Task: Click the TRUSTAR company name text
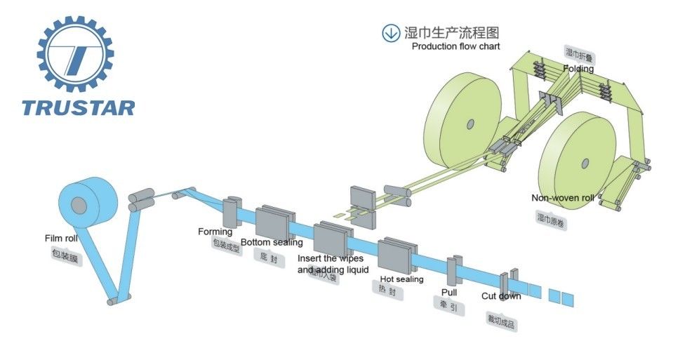(78, 107)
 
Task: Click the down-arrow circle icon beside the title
(390, 32)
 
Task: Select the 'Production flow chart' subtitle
(455, 46)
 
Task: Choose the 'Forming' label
(215, 232)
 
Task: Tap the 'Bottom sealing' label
(272, 243)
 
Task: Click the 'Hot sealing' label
(401, 279)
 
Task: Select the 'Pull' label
(449, 291)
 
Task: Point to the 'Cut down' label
(501, 296)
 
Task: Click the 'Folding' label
(578, 69)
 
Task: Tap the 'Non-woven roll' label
(562, 198)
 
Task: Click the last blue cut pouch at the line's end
(567, 298)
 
